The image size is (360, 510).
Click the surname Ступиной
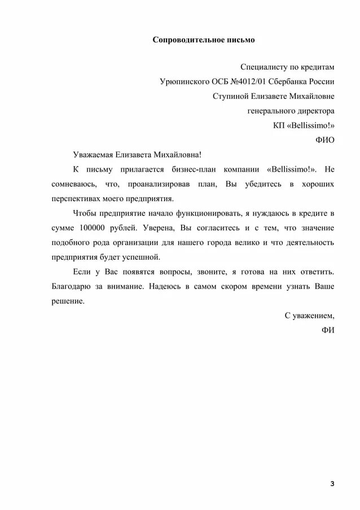pyautogui.click(x=229, y=96)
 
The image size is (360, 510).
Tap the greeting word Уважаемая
pyautogui.click(x=94, y=155)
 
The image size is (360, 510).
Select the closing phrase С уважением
pyautogui.click(x=309, y=316)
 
